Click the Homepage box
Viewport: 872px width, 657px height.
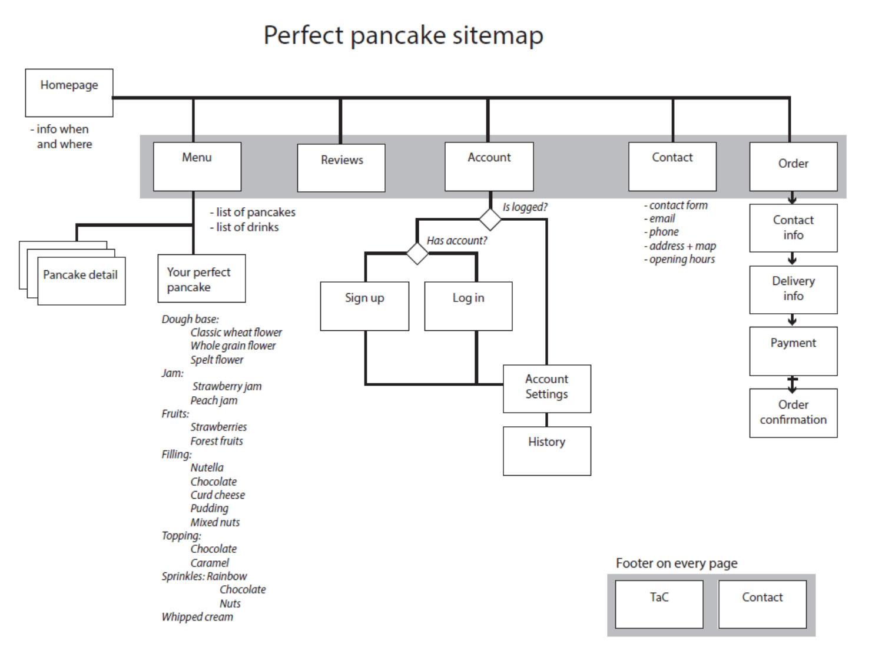69,92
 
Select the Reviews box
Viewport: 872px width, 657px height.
341,168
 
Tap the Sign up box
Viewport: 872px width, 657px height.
364,306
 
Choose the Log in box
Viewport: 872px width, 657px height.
468,306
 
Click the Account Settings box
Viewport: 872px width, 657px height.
547,389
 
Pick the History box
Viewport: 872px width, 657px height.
547,451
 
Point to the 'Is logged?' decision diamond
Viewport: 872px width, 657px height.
490,219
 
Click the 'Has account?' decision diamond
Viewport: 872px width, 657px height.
417,254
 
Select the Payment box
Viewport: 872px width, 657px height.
793,351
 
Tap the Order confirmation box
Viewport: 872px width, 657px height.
793,413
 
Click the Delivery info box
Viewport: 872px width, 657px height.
793,289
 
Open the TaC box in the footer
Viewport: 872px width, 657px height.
659,604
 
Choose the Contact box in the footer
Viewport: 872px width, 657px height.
762,604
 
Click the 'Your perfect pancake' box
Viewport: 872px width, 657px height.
201,278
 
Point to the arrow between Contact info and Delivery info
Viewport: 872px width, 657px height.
793,259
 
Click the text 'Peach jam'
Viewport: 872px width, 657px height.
214,401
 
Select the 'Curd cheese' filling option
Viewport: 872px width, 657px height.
217,495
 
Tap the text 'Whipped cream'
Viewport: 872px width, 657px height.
197,617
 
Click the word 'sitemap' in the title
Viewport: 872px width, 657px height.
498,35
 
